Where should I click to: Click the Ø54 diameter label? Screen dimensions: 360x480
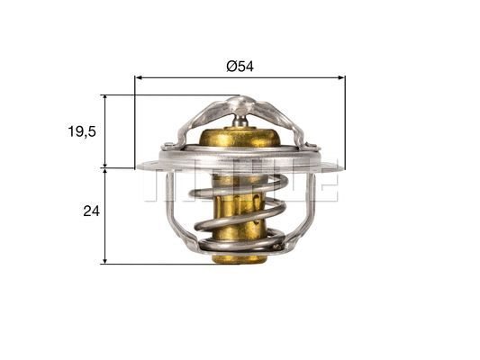pos(240,66)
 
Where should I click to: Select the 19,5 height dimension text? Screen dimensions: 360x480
pos(80,130)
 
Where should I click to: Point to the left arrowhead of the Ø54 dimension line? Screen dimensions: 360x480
pos(139,77)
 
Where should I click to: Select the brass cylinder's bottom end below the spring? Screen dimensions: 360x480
pos(239,257)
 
